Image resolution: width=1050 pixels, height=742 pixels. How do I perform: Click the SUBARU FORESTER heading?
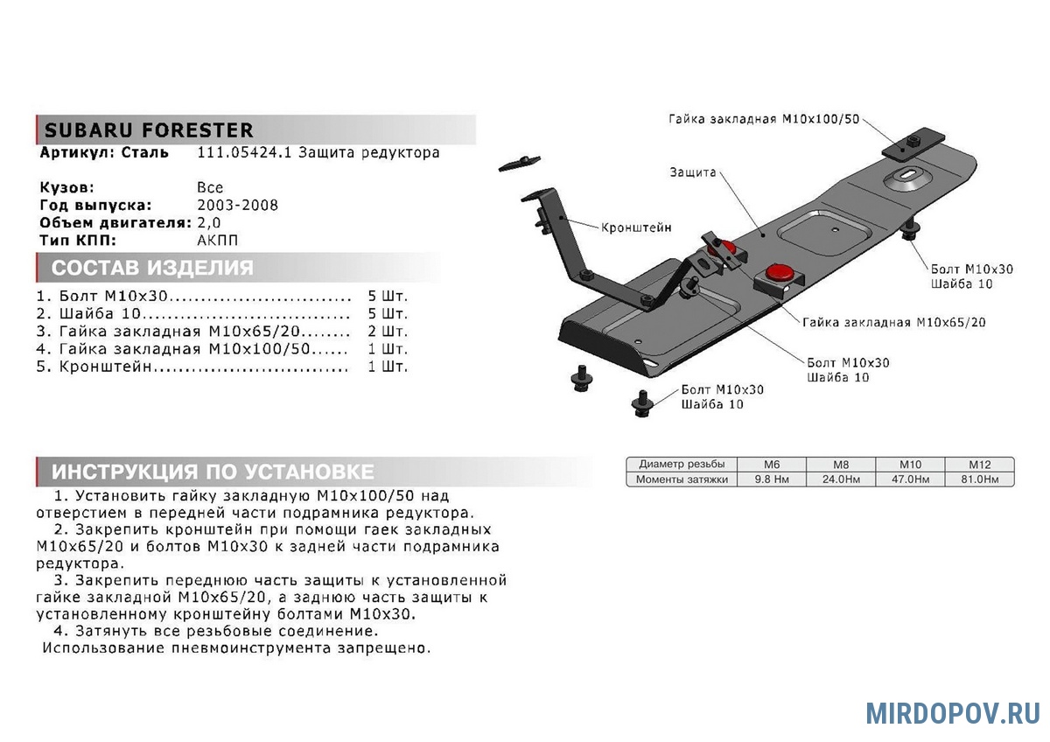tap(149, 131)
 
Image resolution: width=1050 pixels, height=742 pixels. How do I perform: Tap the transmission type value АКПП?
tap(217, 241)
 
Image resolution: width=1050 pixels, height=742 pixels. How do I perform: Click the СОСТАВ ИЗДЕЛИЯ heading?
tap(152, 268)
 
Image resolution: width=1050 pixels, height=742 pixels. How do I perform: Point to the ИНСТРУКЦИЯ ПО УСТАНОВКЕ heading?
tap(213, 472)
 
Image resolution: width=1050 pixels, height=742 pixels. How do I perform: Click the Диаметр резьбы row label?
tap(682, 465)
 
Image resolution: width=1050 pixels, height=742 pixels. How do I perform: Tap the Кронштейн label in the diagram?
tap(636, 227)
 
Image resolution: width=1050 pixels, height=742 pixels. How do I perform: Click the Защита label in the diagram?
tap(693, 172)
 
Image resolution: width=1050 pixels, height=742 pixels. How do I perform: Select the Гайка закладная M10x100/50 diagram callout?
tap(764, 119)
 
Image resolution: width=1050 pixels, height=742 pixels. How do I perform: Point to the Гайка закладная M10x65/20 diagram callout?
tap(893, 322)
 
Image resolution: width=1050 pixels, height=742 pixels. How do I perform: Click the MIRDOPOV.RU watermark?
tap(953, 713)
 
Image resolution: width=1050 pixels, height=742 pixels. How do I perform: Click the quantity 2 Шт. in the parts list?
tap(388, 332)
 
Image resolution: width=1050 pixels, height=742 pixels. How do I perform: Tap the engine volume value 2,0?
tap(209, 223)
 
